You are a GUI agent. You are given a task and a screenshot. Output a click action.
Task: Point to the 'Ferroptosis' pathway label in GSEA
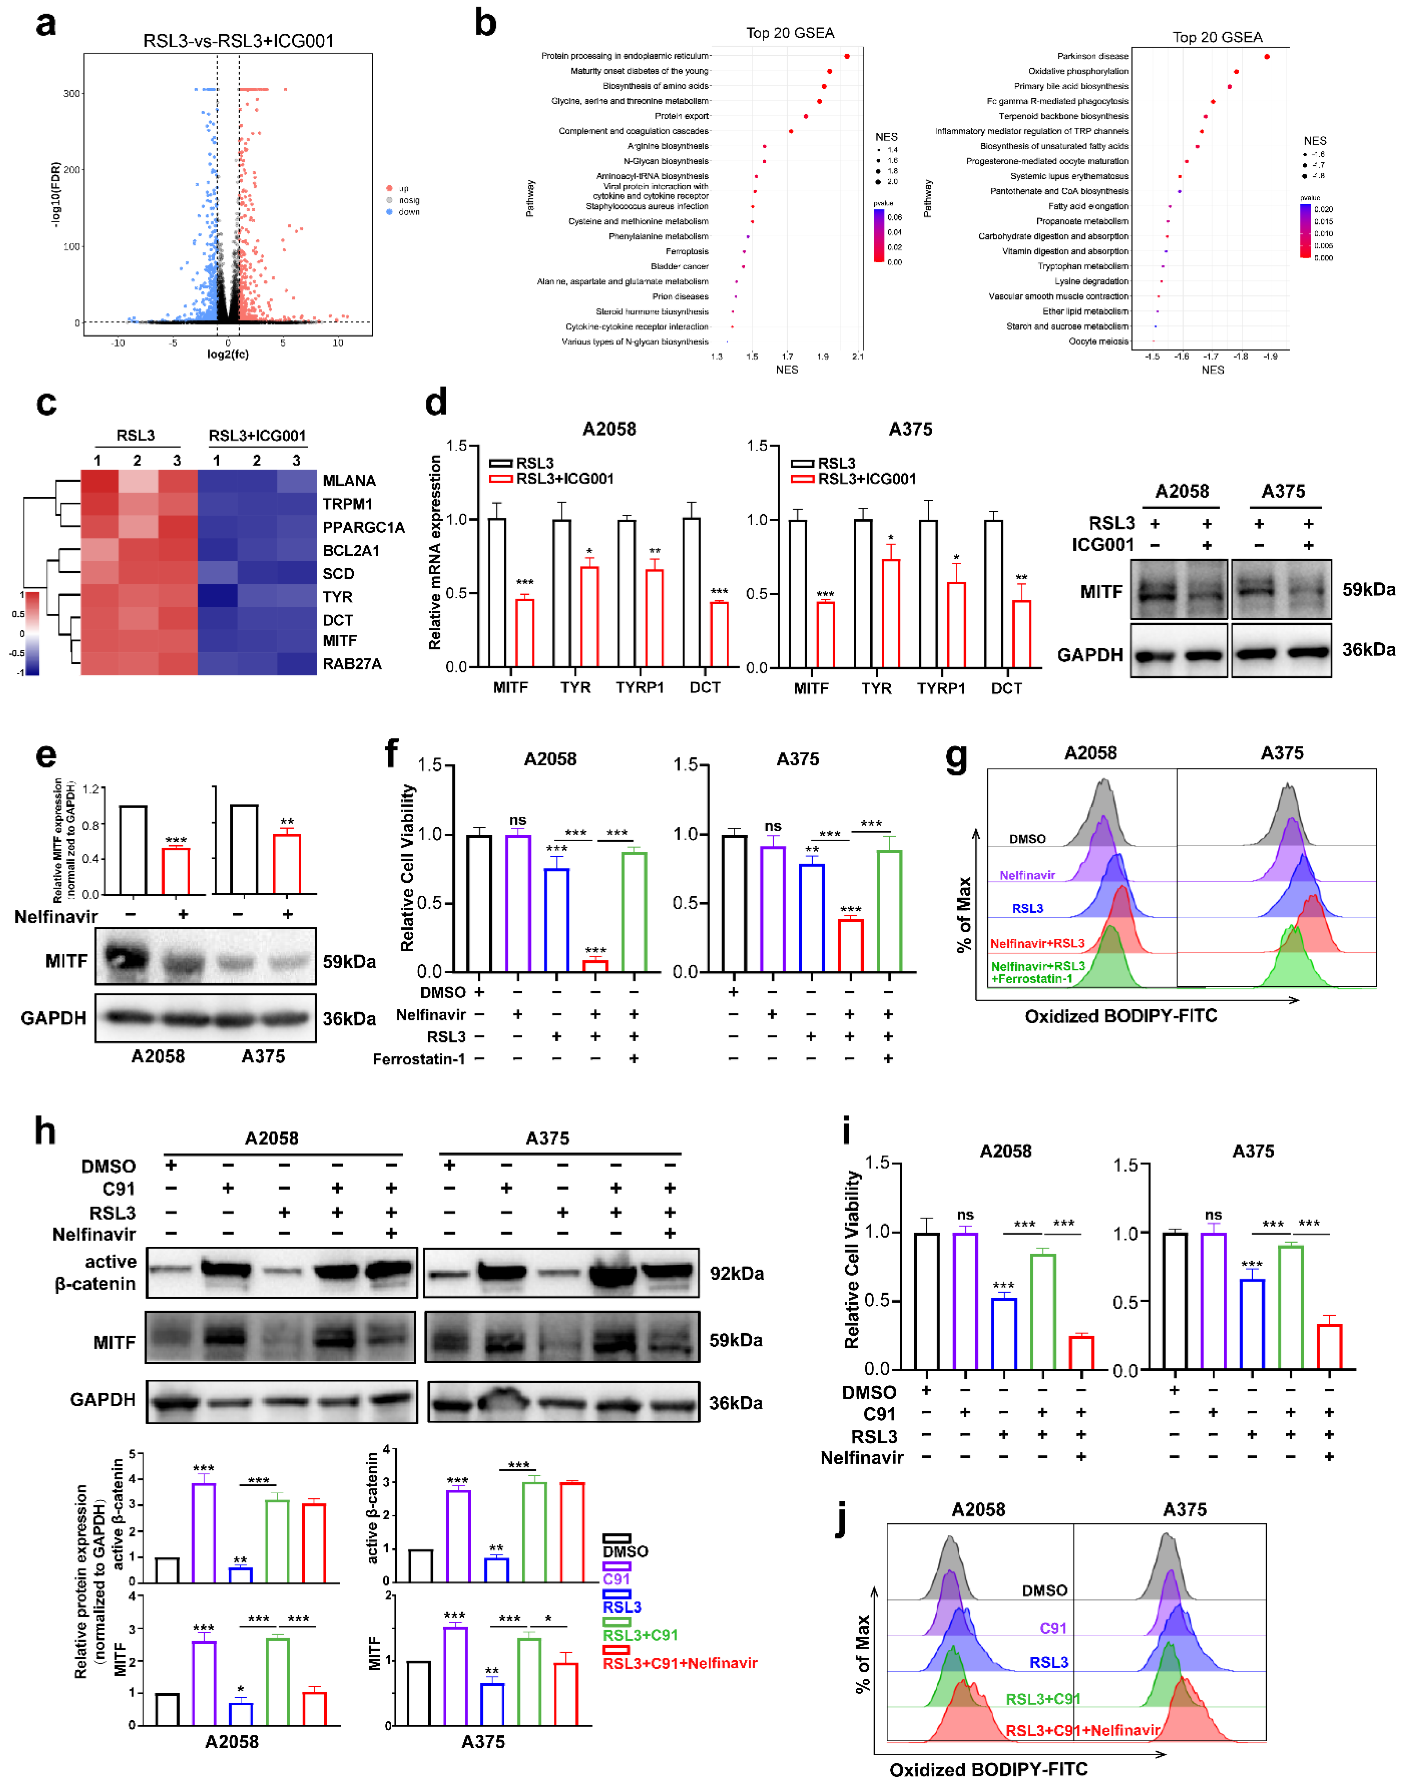click(x=687, y=251)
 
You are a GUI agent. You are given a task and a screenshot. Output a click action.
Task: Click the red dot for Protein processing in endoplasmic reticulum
click(x=846, y=56)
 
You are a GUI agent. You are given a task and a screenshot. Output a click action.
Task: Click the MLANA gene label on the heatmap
click(x=349, y=481)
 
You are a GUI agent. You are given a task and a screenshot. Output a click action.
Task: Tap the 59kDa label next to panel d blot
click(x=1368, y=589)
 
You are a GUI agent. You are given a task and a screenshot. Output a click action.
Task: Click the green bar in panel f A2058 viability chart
click(x=634, y=912)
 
